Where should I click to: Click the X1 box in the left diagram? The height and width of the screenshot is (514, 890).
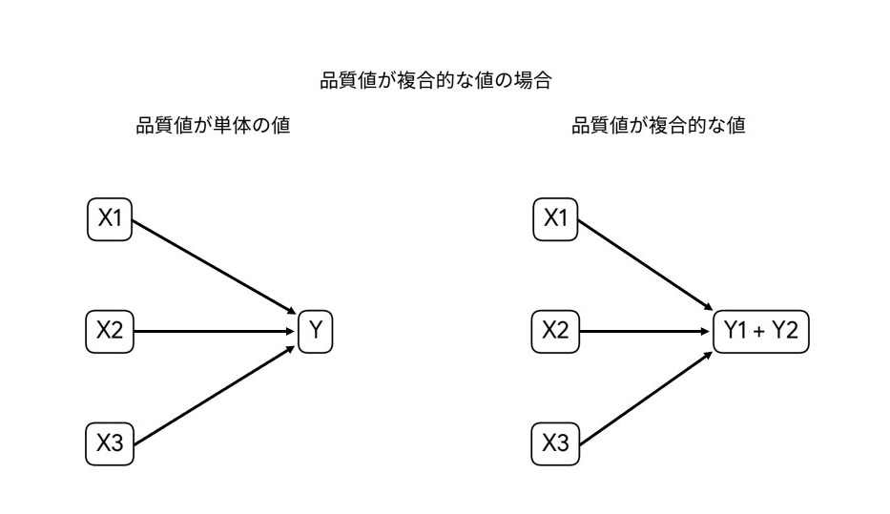coord(110,219)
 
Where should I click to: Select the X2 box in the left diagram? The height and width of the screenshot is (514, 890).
coord(110,332)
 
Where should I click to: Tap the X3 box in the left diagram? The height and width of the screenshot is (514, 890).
coord(110,443)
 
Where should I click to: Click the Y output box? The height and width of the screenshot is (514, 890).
coord(316,332)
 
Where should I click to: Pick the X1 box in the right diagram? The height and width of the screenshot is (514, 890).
coord(555,219)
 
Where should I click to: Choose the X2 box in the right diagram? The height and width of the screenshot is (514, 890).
coord(555,332)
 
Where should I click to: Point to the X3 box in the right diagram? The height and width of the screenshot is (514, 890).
coord(555,443)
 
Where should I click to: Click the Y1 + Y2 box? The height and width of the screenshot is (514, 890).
coord(761,332)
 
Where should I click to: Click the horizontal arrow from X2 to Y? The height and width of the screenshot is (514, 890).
coord(215,332)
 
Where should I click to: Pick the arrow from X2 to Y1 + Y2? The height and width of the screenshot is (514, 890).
coord(647,332)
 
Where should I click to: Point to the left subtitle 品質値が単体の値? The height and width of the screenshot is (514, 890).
coord(214,126)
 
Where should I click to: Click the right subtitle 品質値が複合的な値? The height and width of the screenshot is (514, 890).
coord(658,126)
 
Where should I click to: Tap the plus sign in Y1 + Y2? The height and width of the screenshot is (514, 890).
coord(761,333)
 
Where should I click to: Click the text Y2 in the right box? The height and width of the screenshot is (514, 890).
coord(785,332)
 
